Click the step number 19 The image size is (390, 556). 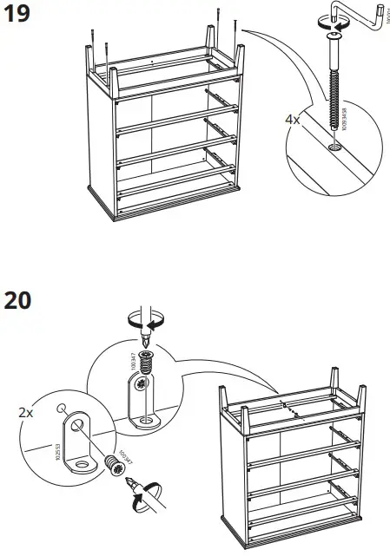pyautogui.click(x=19, y=16)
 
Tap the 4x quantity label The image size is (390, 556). pyautogui.click(x=292, y=121)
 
